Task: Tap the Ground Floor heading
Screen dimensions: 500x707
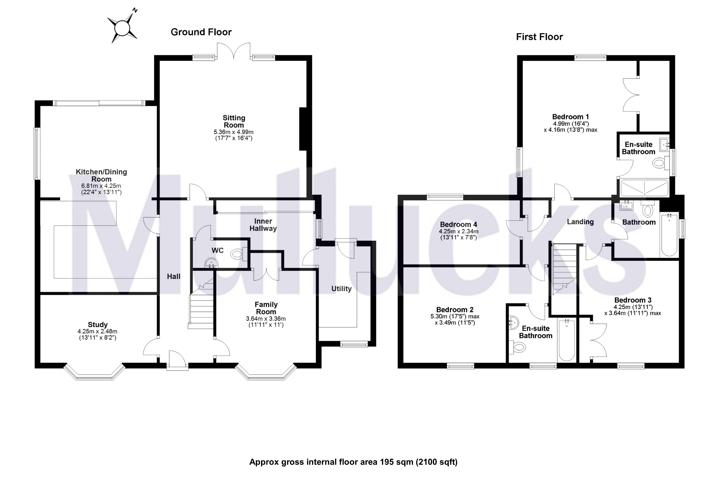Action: click(x=201, y=32)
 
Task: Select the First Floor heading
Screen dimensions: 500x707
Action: click(x=539, y=37)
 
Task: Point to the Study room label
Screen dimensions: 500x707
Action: click(x=98, y=325)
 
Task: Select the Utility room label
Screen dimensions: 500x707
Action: click(x=341, y=289)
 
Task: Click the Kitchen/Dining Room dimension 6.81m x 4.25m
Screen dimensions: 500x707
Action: click(x=101, y=186)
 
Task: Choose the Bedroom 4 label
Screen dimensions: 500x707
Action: click(x=458, y=224)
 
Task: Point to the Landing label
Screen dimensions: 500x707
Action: click(x=580, y=222)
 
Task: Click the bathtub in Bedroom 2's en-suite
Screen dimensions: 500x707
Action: click(x=566, y=340)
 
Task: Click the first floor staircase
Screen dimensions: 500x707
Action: click(x=563, y=271)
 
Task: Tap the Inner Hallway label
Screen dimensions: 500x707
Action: click(x=263, y=225)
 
